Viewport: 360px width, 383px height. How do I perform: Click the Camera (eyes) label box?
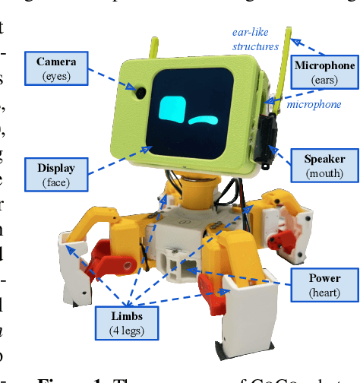tap(57, 68)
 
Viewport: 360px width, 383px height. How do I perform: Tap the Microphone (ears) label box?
tap(324, 71)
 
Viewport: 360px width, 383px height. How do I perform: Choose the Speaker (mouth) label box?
tap(324, 166)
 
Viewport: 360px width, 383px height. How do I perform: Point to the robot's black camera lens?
tap(141, 92)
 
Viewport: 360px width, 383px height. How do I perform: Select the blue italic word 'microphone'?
tap(313, 104)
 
